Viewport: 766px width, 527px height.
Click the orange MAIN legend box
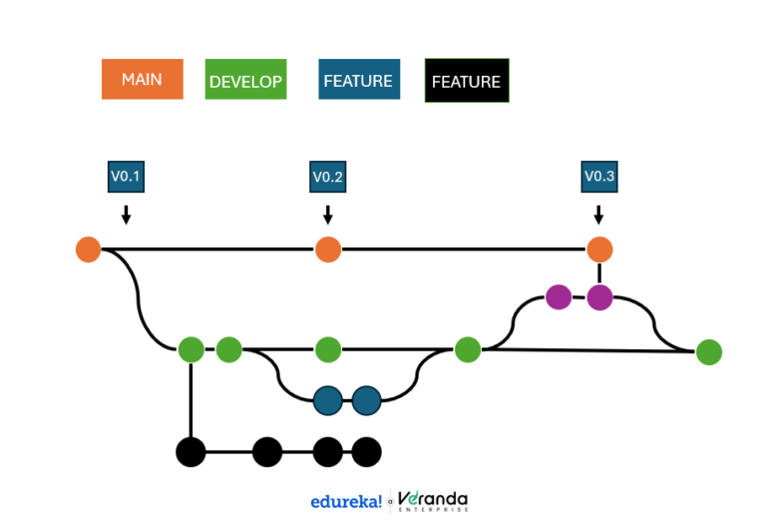click(142, 79)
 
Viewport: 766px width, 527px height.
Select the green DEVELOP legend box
click(245, 81)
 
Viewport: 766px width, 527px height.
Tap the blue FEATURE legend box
click(357, 80)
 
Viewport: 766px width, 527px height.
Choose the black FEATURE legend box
click(466, 81)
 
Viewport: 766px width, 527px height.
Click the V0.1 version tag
click(126, 177)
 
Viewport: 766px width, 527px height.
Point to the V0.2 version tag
click(328, 177)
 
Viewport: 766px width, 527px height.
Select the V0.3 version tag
click(598, 177)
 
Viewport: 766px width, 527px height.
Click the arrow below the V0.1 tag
click(126, 214)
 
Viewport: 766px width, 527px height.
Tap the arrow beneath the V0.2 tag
click(328, 214)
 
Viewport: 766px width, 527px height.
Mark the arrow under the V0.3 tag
click(598, 214)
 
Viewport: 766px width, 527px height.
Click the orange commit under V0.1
click(89, 249)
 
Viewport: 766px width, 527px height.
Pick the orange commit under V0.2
click(328, 249)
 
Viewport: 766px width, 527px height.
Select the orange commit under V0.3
click(598, 249)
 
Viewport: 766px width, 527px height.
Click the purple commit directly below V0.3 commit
click(598, 296)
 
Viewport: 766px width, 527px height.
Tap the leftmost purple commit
click(559, 296)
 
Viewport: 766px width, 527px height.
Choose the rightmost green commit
click(708, 352)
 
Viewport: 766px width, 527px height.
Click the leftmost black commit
click(191, 452)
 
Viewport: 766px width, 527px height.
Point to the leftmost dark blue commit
click(328, 400)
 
